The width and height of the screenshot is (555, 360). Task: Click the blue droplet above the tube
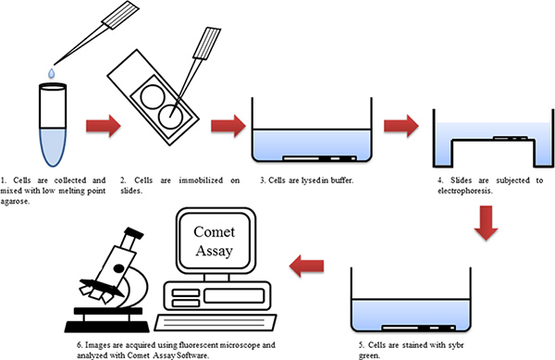pyautogui.click(x=52, y=73)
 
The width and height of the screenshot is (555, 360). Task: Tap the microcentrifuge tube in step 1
pyautogui.click(x=53, y=125)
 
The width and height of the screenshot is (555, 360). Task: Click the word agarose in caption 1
pyautogui.click(x=15, y=202)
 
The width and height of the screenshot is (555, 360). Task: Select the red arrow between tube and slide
pyautogui.click(x=104, y=126)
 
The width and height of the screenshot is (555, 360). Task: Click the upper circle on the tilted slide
pyautogui.click(x=153, y=96)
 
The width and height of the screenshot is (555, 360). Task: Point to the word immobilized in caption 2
pyautogui.click(x=201, y=180)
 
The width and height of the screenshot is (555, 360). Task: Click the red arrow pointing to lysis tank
pyautogui.click(x=228, y=126)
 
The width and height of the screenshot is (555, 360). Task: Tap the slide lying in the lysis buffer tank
pyautogui.click(x=320, y=158)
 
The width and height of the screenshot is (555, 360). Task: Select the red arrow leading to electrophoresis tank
pyautogui.click(x=401, y=126)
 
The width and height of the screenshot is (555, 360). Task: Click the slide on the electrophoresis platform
pyautogui.click(x=510, y=138)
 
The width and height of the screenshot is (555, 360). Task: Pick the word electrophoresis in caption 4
pyautogui.click(x=464, y=191)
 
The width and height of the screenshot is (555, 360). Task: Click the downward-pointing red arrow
pyautogui.click(x=486, y=223)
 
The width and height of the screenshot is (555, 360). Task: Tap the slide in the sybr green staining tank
pyautogui.click(x=419, y=328)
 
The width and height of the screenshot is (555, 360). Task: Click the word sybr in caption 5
pyautogui.click(x=456, y=345)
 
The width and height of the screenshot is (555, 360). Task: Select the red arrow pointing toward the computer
pyautogui.click(x=306, y=266)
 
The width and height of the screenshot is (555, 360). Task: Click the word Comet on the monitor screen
pyautogui.click(x=215, y=232)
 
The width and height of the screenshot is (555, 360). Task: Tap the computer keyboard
pyautogui.click(x=216, y=322)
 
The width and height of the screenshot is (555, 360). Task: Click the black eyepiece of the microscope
pyautogui.click(x=133, y=233)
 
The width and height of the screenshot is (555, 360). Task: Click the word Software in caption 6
pyautogui.click(x=192, y=355)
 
